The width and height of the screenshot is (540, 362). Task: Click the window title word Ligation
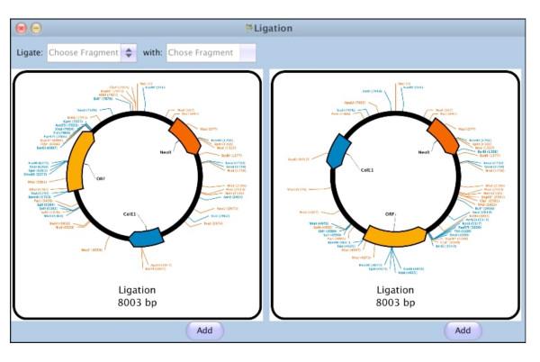(x=273, y=28)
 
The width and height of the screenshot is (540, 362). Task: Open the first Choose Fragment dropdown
(x=84, y=52)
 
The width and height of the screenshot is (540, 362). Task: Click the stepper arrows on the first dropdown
(x=129, y=52)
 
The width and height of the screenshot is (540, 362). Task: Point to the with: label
(x=152, y=52)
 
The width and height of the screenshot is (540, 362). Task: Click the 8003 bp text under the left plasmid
(x=138, y=303)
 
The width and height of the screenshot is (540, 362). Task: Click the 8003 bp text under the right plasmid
(x=396, y=303)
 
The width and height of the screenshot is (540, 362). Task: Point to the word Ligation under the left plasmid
(x=138, y=290)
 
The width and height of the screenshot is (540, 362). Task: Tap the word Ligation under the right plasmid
(x=396, y=290)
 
